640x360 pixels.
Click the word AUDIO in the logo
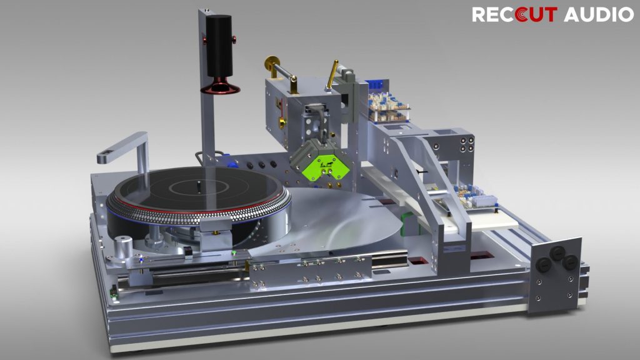pos(598,15)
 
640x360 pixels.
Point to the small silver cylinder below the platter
pos(123,246)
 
